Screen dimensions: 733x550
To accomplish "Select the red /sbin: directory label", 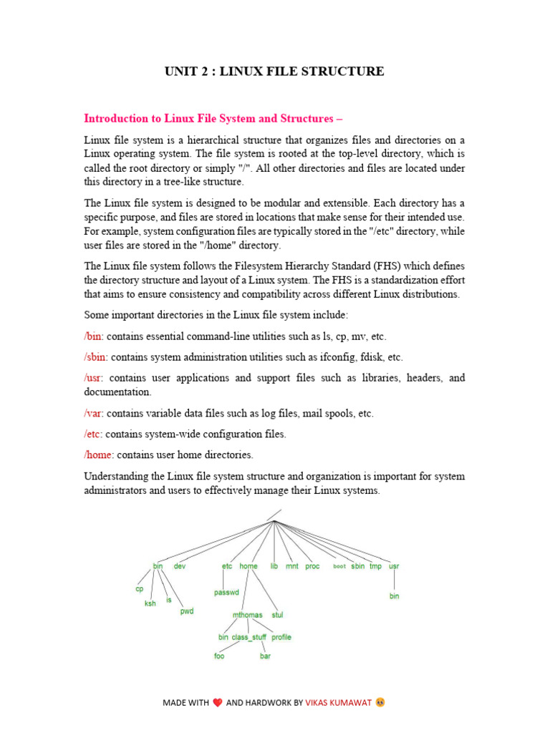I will click(96, 357).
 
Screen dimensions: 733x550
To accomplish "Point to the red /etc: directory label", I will click(94, 434).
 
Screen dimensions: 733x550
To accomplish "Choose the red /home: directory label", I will click(99, 455).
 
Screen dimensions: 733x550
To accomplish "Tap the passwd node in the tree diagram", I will click(226, 593).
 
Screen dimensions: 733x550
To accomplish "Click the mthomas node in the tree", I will click(248, 615).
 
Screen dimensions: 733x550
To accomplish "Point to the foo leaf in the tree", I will click(219, 656).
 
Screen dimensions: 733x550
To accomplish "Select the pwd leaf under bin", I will click(187, 611).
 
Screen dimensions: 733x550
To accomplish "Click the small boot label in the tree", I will click(339, 566).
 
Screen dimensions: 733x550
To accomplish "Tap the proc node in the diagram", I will click(312, 566).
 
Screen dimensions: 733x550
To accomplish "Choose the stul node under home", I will click(277, 615).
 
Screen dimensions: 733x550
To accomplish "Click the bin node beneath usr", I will click(394, 596).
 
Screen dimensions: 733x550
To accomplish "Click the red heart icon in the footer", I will click(218, 703).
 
